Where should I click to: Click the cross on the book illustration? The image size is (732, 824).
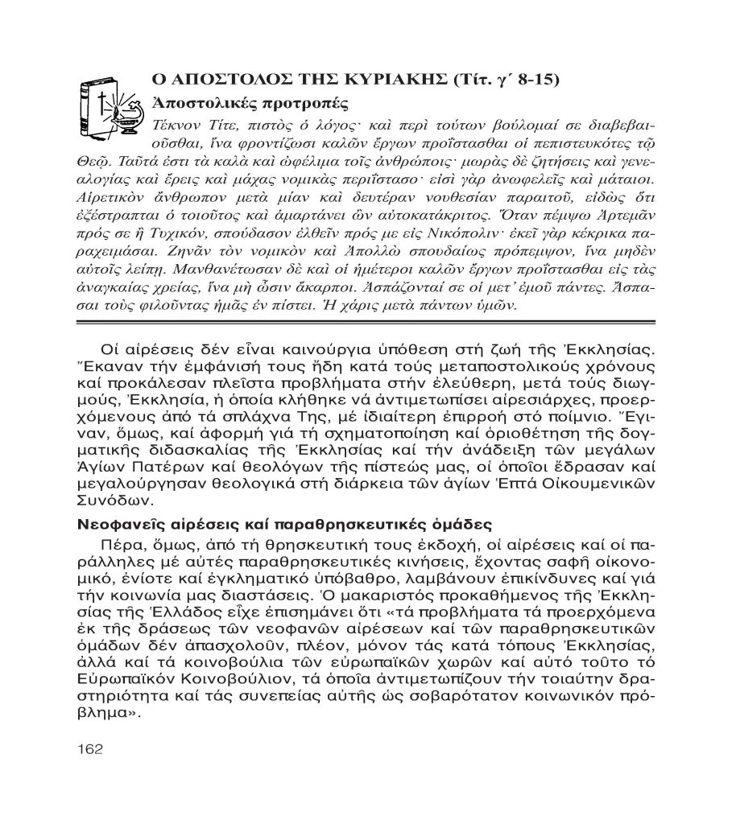click(102, 105)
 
